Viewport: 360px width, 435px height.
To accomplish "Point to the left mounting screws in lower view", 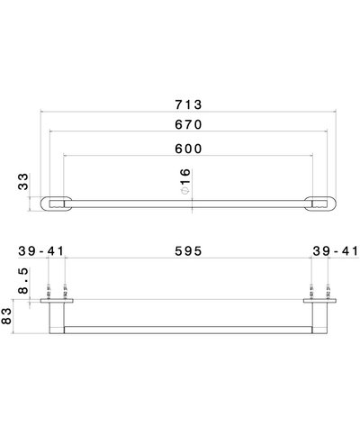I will [x=59, y=292].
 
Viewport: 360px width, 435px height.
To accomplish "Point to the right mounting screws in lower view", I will [x=320, y=292].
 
